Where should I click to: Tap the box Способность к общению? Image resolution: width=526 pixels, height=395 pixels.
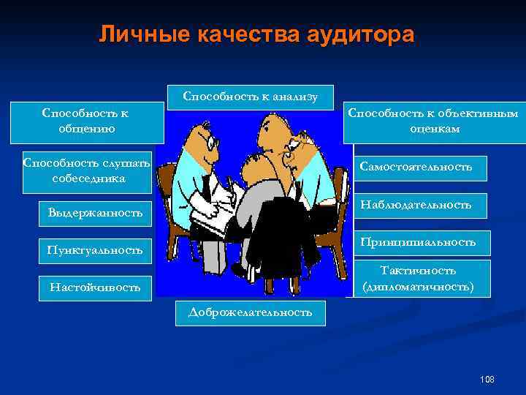coord(85,121)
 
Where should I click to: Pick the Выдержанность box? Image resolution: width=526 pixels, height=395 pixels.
coord(95,213)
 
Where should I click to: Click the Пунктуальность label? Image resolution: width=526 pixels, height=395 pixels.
coord(95,250)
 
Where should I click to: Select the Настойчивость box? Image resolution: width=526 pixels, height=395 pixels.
coord(95,287)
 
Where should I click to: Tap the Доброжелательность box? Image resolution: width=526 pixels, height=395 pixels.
coord(251,312)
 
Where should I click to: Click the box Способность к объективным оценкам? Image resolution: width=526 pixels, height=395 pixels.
coord(433,121)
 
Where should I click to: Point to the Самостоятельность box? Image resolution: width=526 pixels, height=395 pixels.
coord(416,168)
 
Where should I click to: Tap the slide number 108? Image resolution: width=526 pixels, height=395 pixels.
coord(487,379)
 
